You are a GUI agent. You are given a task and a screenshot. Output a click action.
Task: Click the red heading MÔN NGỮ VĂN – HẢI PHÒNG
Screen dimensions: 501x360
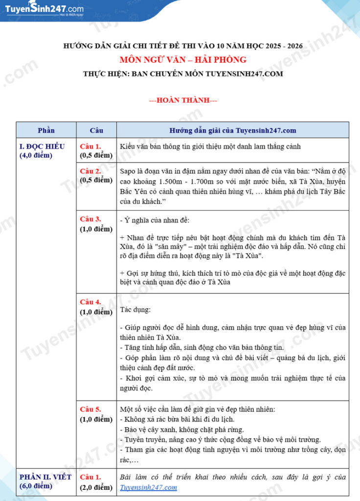click(183, 60)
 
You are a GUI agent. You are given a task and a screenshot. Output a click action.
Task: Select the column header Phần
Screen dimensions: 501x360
click(46, 131)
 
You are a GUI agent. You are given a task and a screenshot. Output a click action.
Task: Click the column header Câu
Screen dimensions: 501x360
click(96, 131)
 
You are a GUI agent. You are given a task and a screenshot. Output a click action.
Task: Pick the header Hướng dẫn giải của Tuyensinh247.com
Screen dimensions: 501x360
click(232, 131)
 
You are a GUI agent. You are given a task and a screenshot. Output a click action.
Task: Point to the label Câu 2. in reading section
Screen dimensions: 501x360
click(90, 171)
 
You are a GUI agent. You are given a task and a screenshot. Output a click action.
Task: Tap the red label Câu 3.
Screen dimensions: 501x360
click(90, 219)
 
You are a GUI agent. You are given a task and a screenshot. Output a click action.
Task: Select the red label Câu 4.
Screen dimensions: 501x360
click(90, 302)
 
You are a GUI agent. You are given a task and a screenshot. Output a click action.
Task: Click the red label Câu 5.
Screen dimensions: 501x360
click(90, 409)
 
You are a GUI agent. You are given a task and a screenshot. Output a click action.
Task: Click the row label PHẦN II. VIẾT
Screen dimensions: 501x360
click(45, 477)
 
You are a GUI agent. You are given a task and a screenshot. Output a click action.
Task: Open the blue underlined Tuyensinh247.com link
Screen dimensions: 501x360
click(148, 487)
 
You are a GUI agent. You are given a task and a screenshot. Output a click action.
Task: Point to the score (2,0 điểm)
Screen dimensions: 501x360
click(96, 487)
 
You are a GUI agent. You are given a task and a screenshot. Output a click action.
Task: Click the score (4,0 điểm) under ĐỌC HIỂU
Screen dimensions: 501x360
click(36, 156)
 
